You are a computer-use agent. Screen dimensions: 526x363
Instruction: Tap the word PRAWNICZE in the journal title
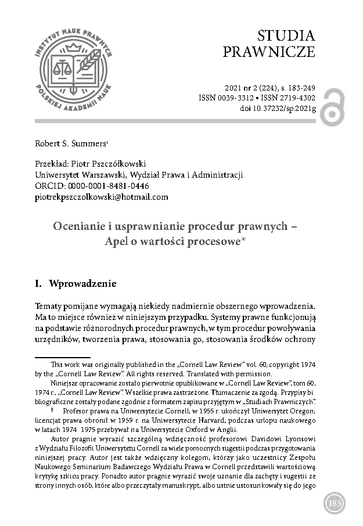pos(269,52)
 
